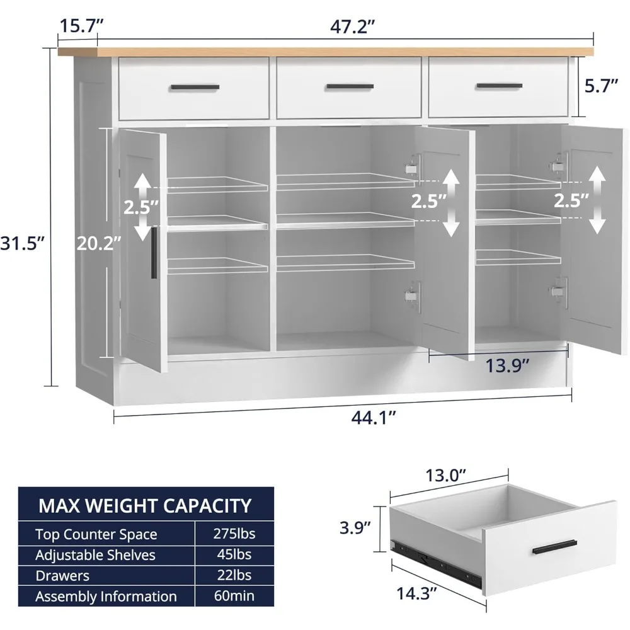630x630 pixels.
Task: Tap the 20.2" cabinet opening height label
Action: pyautogui.click(x=98, y=243)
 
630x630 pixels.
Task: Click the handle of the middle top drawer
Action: pyautogui.click(x=350, y=86)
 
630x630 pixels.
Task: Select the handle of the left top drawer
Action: pyautogui.click(x=195, y=87)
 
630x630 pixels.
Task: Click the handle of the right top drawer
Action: pyautogui.click(x=499, y=86)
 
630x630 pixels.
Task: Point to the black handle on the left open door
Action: pyautogui.click(x=153, y=252)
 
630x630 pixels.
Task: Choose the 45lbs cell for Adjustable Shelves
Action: pyautogui.click(x=235, y=555)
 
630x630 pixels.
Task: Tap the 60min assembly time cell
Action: pyautogui.click(x=234, y=596)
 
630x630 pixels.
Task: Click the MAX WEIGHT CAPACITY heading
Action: pyautogui.click(x=145, y=505)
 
